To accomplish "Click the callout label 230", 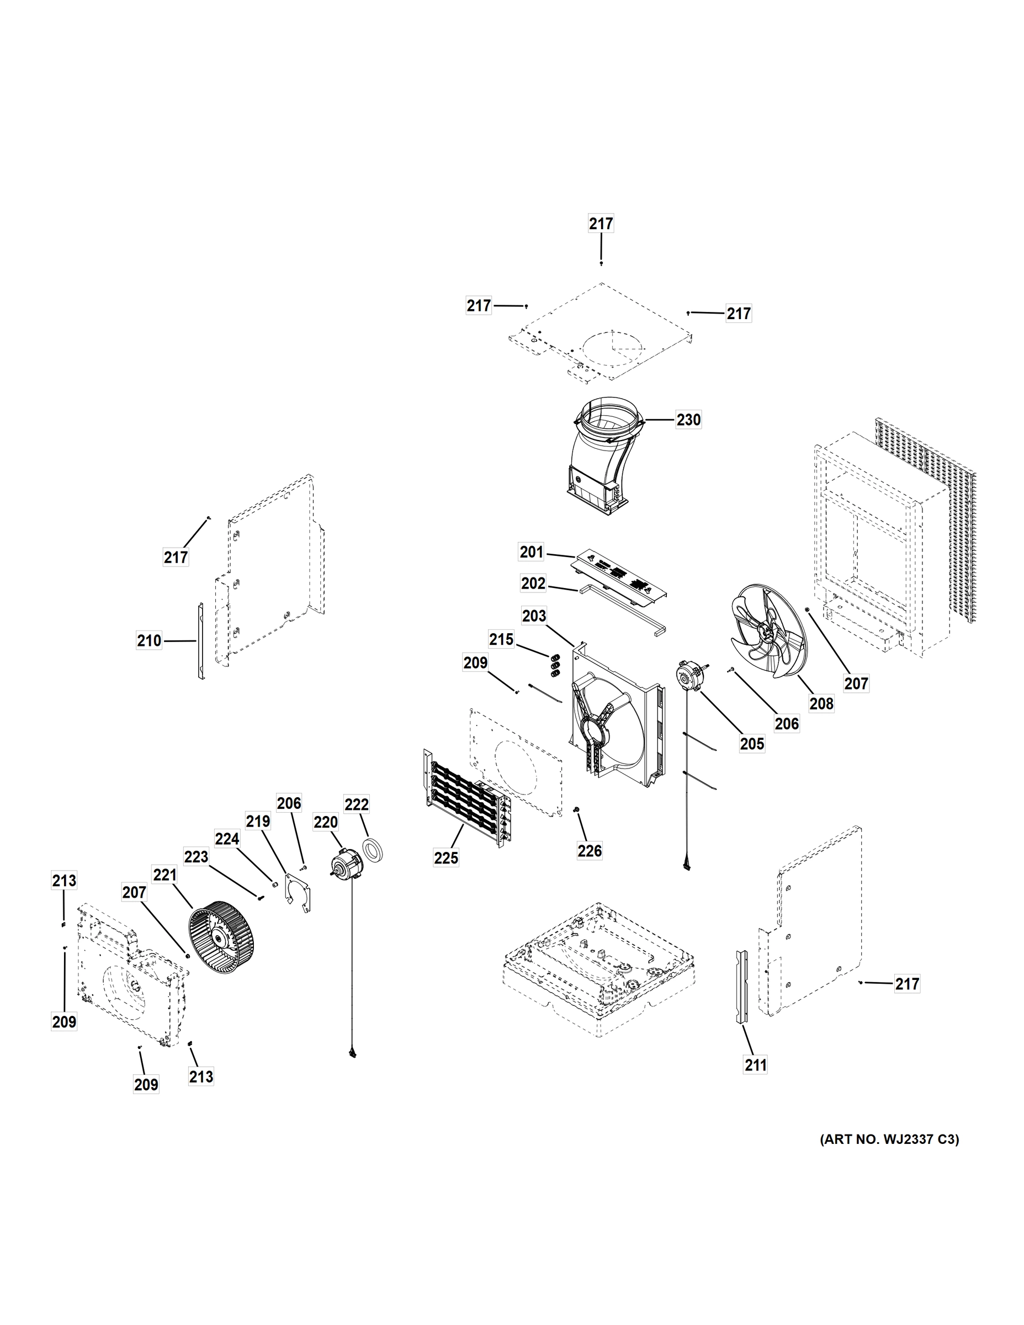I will (x=688, y=420).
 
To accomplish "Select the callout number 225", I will (x=446, y=858).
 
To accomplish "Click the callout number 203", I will (x=534, y=616).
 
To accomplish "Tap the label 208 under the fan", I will (x=821, y=704).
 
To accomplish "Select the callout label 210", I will (x=149, y=640).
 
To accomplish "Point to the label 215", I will (x=501, y=639).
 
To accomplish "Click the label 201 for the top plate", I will (x=532, y=552).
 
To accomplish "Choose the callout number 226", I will (x=590, y=851).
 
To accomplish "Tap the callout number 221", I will (x=165, y=876).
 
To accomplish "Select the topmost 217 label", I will (x=601, y=224).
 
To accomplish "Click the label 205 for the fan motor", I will (x=752, y=744).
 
